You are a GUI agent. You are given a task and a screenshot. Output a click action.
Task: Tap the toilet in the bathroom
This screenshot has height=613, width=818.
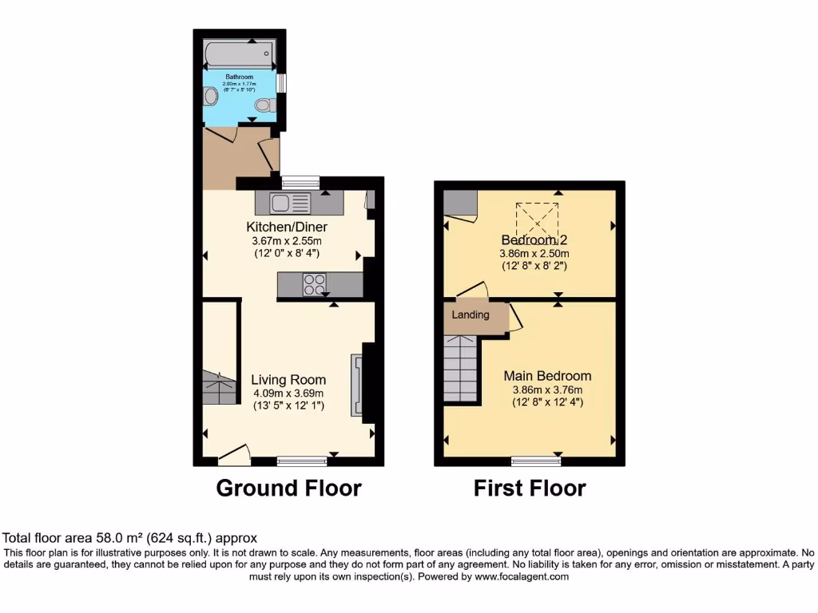coord(264,105)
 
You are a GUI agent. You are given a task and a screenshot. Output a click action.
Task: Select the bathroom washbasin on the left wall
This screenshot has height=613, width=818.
coord(210,97)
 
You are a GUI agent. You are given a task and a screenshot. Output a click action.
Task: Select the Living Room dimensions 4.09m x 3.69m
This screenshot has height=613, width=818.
coord(288,393)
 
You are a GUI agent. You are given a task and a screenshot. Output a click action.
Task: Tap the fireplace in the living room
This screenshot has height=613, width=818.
coord(355,385)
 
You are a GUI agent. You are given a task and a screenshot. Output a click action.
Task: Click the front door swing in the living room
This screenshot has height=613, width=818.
coord(234,455)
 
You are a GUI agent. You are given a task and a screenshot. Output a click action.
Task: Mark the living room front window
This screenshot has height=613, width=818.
coord(302,461)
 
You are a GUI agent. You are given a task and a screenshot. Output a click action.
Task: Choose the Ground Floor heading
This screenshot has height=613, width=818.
coord(288,488)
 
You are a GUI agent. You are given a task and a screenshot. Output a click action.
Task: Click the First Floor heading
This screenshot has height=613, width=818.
coord(530,488)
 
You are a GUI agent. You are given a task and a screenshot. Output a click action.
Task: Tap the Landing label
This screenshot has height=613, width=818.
coord(471,314)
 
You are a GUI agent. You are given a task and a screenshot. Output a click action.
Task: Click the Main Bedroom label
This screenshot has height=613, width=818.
coord(547,376)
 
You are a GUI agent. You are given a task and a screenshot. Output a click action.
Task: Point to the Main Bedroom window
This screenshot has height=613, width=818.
coord(536,461)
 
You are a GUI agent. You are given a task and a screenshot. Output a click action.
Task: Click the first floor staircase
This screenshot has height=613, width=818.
coord(461,369)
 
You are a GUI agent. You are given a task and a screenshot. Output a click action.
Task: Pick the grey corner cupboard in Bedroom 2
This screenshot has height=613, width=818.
coord(459,204)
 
